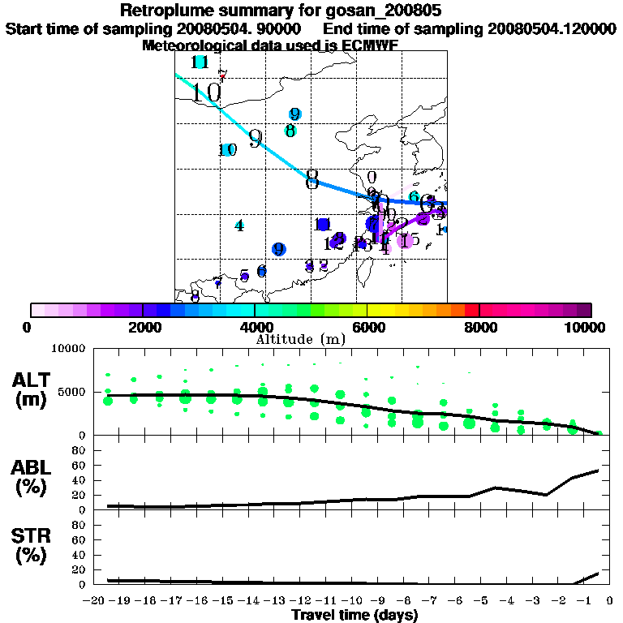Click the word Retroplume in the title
tap(166, 11)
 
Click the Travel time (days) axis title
tap(354, 616)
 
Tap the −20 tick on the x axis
tap(96, 601)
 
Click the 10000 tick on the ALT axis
tap(69, 349)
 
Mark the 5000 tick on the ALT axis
tap(72, 392)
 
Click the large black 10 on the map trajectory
tap(207, 92)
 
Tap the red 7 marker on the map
tap(222, 76)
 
